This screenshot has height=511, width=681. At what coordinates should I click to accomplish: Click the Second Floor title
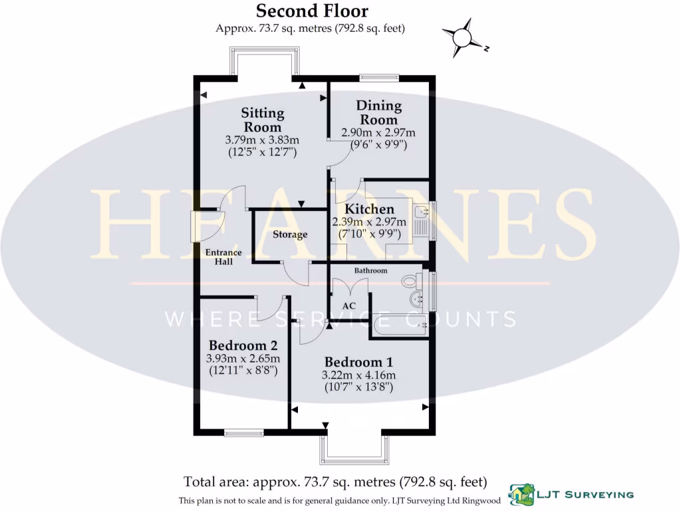pos(311,11)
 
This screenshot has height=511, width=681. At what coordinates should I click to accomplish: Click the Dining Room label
pos(378,112)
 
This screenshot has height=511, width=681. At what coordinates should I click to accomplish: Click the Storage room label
pos(290,235)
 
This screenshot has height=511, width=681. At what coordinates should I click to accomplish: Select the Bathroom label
pos(370,271)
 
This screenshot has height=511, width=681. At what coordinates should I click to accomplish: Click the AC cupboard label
pos(349,305)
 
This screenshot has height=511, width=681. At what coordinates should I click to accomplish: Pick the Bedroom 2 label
pos(243,346)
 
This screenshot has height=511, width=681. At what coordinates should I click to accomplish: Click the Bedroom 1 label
pos(358,363)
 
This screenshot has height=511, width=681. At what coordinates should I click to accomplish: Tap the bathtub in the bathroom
pos(399,325)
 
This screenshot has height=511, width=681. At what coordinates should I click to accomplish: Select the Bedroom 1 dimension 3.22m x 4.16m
pos(358,375)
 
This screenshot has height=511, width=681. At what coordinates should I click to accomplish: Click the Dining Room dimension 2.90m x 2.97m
pos(378,132)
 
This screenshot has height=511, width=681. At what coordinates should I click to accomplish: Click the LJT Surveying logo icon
pos(520,494)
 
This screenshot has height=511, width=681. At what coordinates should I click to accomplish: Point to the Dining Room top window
pos(379,77)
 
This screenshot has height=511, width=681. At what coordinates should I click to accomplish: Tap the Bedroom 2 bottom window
pos(243,433)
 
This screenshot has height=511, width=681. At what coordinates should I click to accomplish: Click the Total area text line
pos(335,481)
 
